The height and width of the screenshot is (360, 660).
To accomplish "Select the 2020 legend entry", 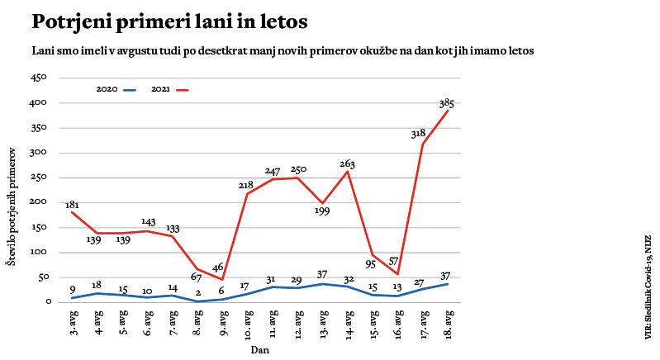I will (x=116, y=88).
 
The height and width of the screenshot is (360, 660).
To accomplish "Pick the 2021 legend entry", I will (x=170, y=88).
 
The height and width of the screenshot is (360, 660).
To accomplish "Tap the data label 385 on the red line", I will (x=447, y=104).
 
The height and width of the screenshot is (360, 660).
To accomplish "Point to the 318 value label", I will (x=418, y=133).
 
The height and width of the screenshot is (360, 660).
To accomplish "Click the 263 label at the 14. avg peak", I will (x=347, y=164).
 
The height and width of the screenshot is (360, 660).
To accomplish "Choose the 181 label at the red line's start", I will (x=73, y=205).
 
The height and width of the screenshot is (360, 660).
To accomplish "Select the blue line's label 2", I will (x=198, y=293).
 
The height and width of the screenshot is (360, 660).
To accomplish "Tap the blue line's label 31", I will (x=273, y=279).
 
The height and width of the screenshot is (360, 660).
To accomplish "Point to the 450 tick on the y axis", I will (x=39, y=78).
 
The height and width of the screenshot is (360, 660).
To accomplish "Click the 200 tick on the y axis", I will (x=39, y=202).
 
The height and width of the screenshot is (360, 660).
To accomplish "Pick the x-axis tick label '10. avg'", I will (x=247, y=324).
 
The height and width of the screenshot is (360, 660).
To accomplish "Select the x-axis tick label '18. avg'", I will (x=449, y=324).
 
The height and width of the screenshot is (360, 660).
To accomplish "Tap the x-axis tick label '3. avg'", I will (x=74, y=323).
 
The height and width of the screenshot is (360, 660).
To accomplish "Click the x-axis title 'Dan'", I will (x=260, y=349).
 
